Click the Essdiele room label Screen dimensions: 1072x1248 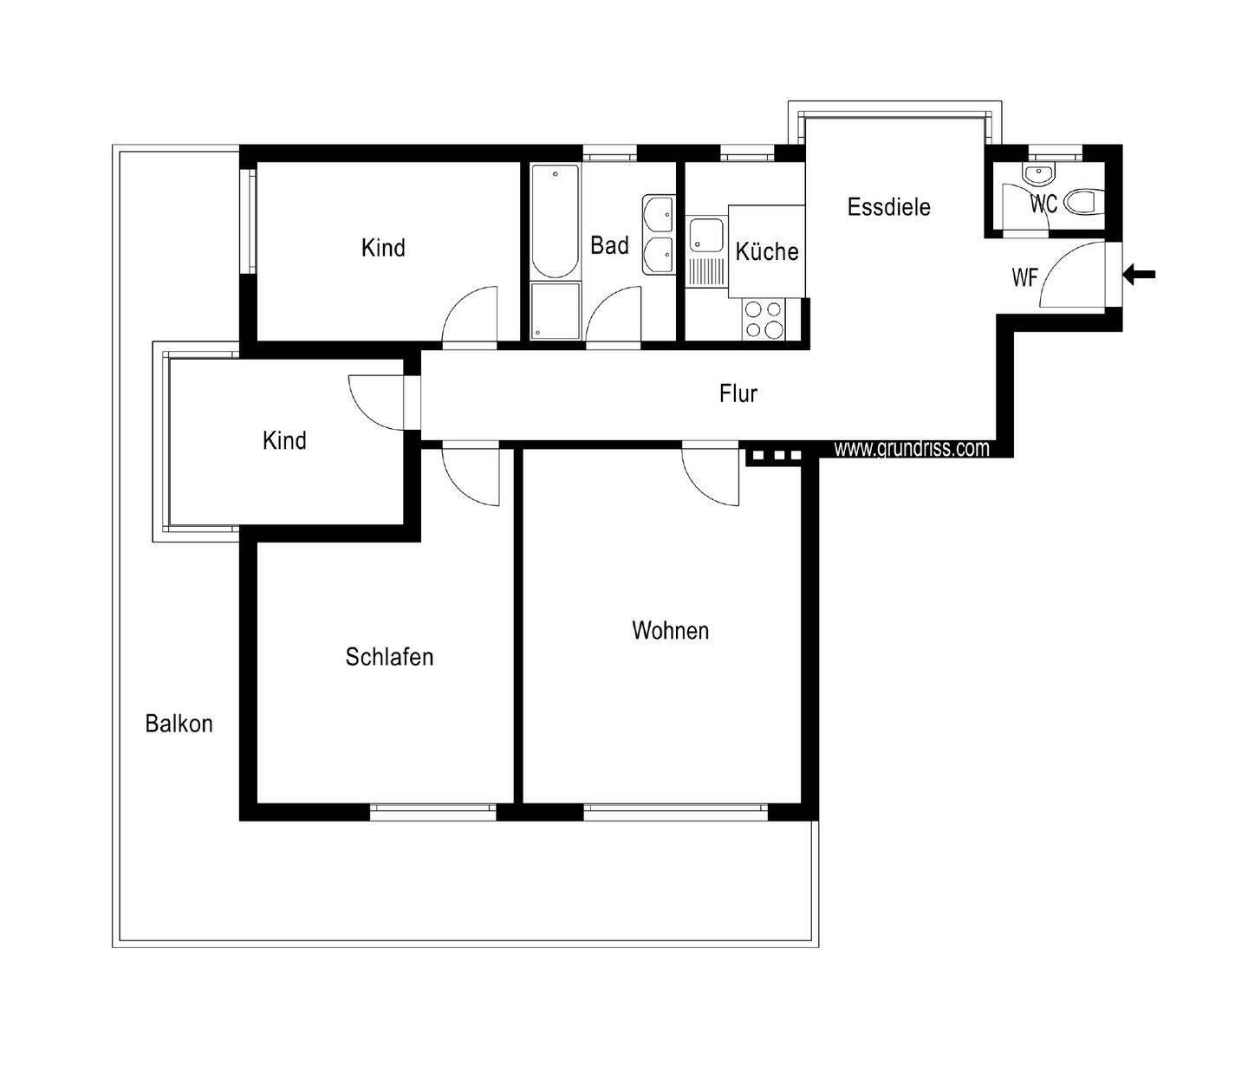888,207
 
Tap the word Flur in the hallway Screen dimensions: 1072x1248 738,393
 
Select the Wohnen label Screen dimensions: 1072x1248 670,630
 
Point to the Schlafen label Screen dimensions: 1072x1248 389,657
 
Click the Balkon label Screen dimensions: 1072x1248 179,724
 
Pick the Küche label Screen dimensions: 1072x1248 766,251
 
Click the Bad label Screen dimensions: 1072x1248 609,245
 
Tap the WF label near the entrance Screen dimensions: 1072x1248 1024,278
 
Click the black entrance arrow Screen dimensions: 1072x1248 1140,275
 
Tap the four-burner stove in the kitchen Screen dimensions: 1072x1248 763,318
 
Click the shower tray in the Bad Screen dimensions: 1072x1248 555,310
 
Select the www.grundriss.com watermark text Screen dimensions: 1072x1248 911,448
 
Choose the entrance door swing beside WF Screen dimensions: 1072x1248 1077,275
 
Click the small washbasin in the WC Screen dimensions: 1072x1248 1037,174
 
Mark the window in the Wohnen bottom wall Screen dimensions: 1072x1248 675,812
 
